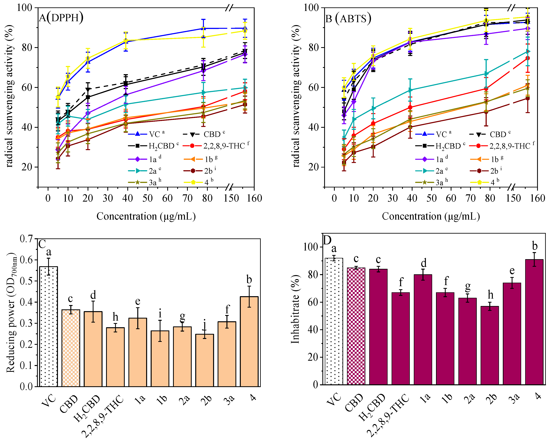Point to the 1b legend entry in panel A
pyautogui.click(x=201, y=159)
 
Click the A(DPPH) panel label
pyautogui.click(x=61, y=18)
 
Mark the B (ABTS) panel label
pyautogui.click(x=348, y=19)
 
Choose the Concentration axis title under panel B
pyautogui.click(x=431, y=217)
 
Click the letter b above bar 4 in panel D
pyautogui.click(x=535, y=246)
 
